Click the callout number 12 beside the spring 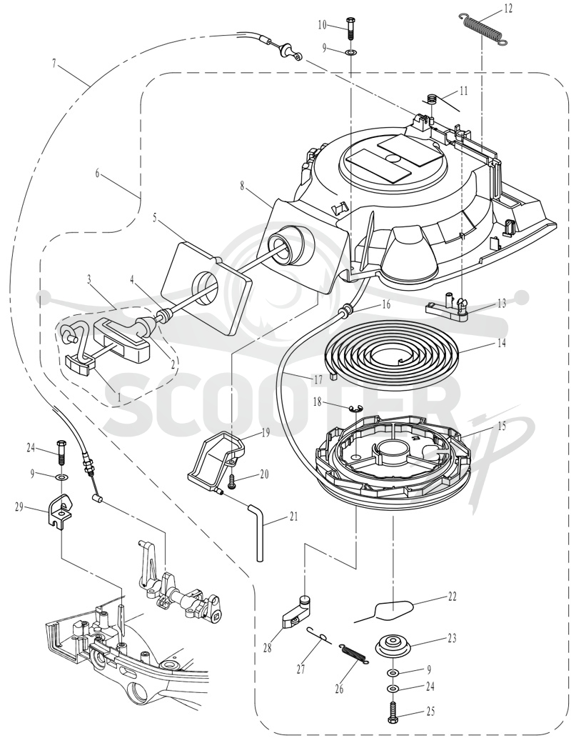507,9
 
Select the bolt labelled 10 351,29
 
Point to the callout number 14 501,343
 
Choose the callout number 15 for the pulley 502,426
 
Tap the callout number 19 265,432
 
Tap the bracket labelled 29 59,510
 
